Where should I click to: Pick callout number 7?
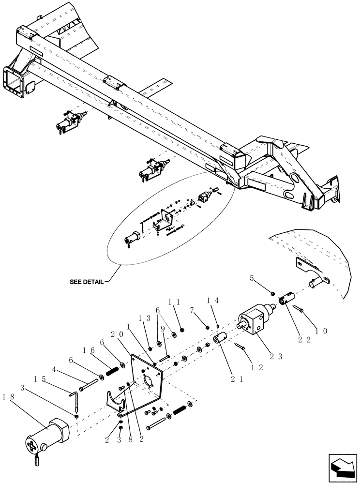point(192,309)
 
